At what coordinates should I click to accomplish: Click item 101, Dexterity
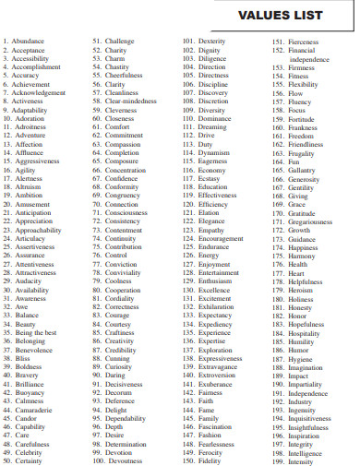coord(211,42)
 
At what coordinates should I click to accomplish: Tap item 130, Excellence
coord(214,290)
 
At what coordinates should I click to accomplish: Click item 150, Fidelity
coord(210,460)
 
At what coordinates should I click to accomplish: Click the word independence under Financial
coord(316,59)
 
